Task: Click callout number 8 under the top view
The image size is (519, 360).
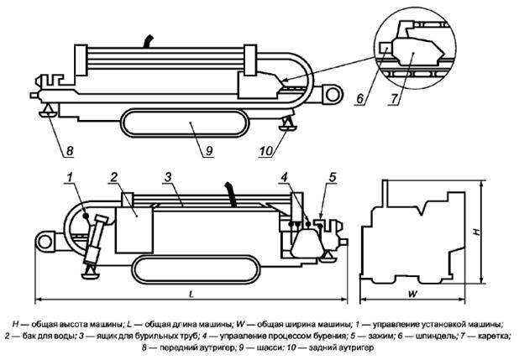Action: click(x=70, y=151)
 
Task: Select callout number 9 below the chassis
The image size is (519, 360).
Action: click(x=209, y=151)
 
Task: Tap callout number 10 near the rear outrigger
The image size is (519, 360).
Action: click(x=265, y=151)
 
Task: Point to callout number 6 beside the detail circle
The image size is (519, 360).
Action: click(x=360, y=98)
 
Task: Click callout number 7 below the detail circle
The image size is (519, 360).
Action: click(x=393, y=98)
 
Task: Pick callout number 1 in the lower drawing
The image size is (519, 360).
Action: click(x=70, y=177)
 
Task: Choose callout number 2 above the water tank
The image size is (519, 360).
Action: click(x=113, y=177)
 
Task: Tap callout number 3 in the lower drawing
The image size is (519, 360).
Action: click(x=168, y=177)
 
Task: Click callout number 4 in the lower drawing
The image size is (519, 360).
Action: click(x=285, y=177)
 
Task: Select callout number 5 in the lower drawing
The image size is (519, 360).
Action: click(x=333, y=177)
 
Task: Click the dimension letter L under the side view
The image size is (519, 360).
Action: click(x=191, y=294)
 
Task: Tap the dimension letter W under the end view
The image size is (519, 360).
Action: click(x=412, y=294)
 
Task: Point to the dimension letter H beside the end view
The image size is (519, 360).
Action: click(x=476, y=232)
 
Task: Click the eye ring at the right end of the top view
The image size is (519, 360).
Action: click(x=332, y=95)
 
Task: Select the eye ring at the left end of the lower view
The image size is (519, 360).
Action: click(x=44, y=242)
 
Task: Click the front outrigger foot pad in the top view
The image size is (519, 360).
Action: click(x=49, y=114)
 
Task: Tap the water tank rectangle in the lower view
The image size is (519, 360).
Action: click(x=134, y=230)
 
